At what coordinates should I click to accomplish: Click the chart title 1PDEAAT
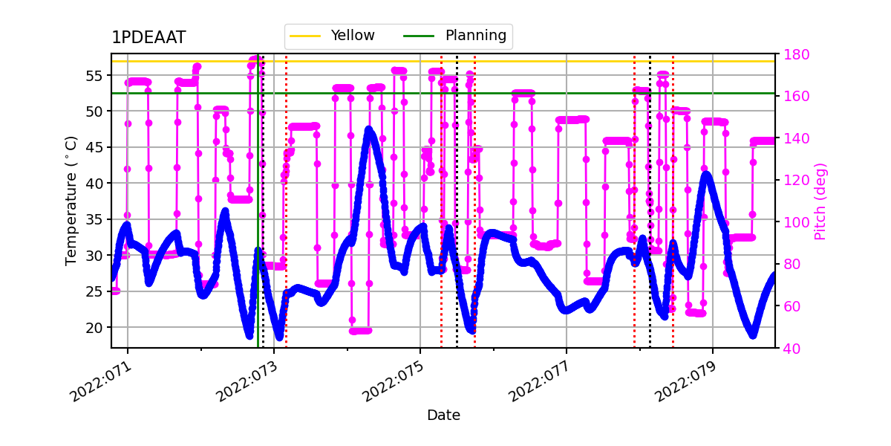click(x=148, y=38)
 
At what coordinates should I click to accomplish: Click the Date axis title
click(x=443, y=416)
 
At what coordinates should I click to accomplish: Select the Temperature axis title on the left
click(x=71, y=201)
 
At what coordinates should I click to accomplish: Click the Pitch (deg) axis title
click(x=820, y=201)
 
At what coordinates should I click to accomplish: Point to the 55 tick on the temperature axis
click(x=96, y=75)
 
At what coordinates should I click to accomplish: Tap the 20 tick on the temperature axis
click(x=96, y=327)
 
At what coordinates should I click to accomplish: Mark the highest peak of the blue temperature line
click(x=369, y=130)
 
